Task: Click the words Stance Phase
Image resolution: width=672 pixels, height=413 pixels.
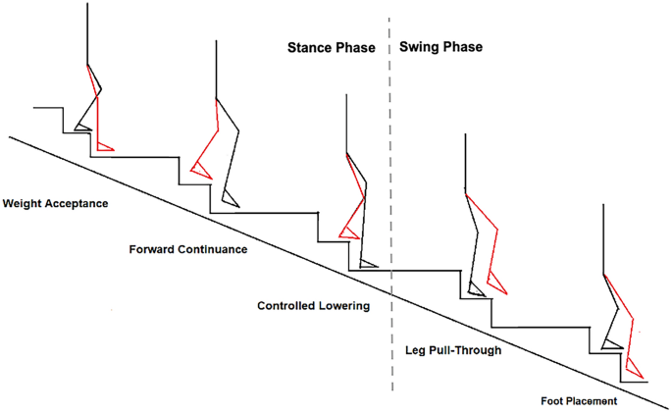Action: click(331, 47)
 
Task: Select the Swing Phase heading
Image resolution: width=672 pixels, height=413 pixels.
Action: click(440, 47)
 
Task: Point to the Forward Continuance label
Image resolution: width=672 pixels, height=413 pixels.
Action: click(187, 249)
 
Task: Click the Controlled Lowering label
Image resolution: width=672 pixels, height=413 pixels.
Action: click(313, 306)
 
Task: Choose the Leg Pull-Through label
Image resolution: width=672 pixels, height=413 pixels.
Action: click(453, 350)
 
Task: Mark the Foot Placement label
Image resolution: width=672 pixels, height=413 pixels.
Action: click(578, 401)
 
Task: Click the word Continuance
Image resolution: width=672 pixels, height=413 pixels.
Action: click(211, 249)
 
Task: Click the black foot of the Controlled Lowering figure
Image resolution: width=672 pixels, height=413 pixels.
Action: click(368, 263)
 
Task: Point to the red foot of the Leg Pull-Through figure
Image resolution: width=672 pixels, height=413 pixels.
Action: click(497, 284)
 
